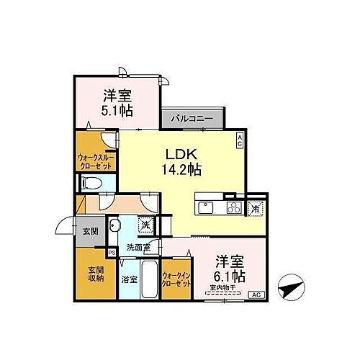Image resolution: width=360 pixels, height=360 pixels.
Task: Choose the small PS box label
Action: [x=112, y=253]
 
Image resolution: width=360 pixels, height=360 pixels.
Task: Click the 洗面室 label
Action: [x=138, y=248]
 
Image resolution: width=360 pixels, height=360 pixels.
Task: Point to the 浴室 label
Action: [x=128, y=279]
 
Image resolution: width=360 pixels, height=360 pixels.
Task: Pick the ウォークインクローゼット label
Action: [x=176, y=279]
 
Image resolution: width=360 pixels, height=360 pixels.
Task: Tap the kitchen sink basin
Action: [x=204, y=209]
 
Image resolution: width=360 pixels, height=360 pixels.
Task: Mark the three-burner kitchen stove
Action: [x=234, y=209]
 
